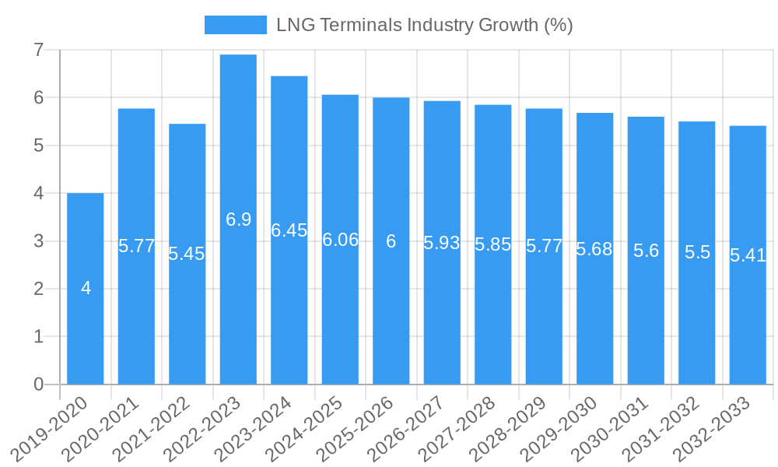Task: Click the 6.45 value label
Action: [x=289, y=230]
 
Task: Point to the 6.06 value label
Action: [x=341, y=240]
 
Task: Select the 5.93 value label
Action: [x=442, y=243]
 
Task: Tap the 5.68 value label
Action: [x=594, y=249]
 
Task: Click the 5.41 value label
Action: [x=748, y=255]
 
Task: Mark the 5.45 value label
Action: [x=187, y=254]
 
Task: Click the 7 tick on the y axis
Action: [x=38, y=50]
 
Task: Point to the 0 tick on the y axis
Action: [x=38, y=384]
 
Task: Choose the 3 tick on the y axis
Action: [x=38, y=241]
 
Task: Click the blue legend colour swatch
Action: [x=235, y=25]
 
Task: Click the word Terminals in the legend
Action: [x=350, y=25]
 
